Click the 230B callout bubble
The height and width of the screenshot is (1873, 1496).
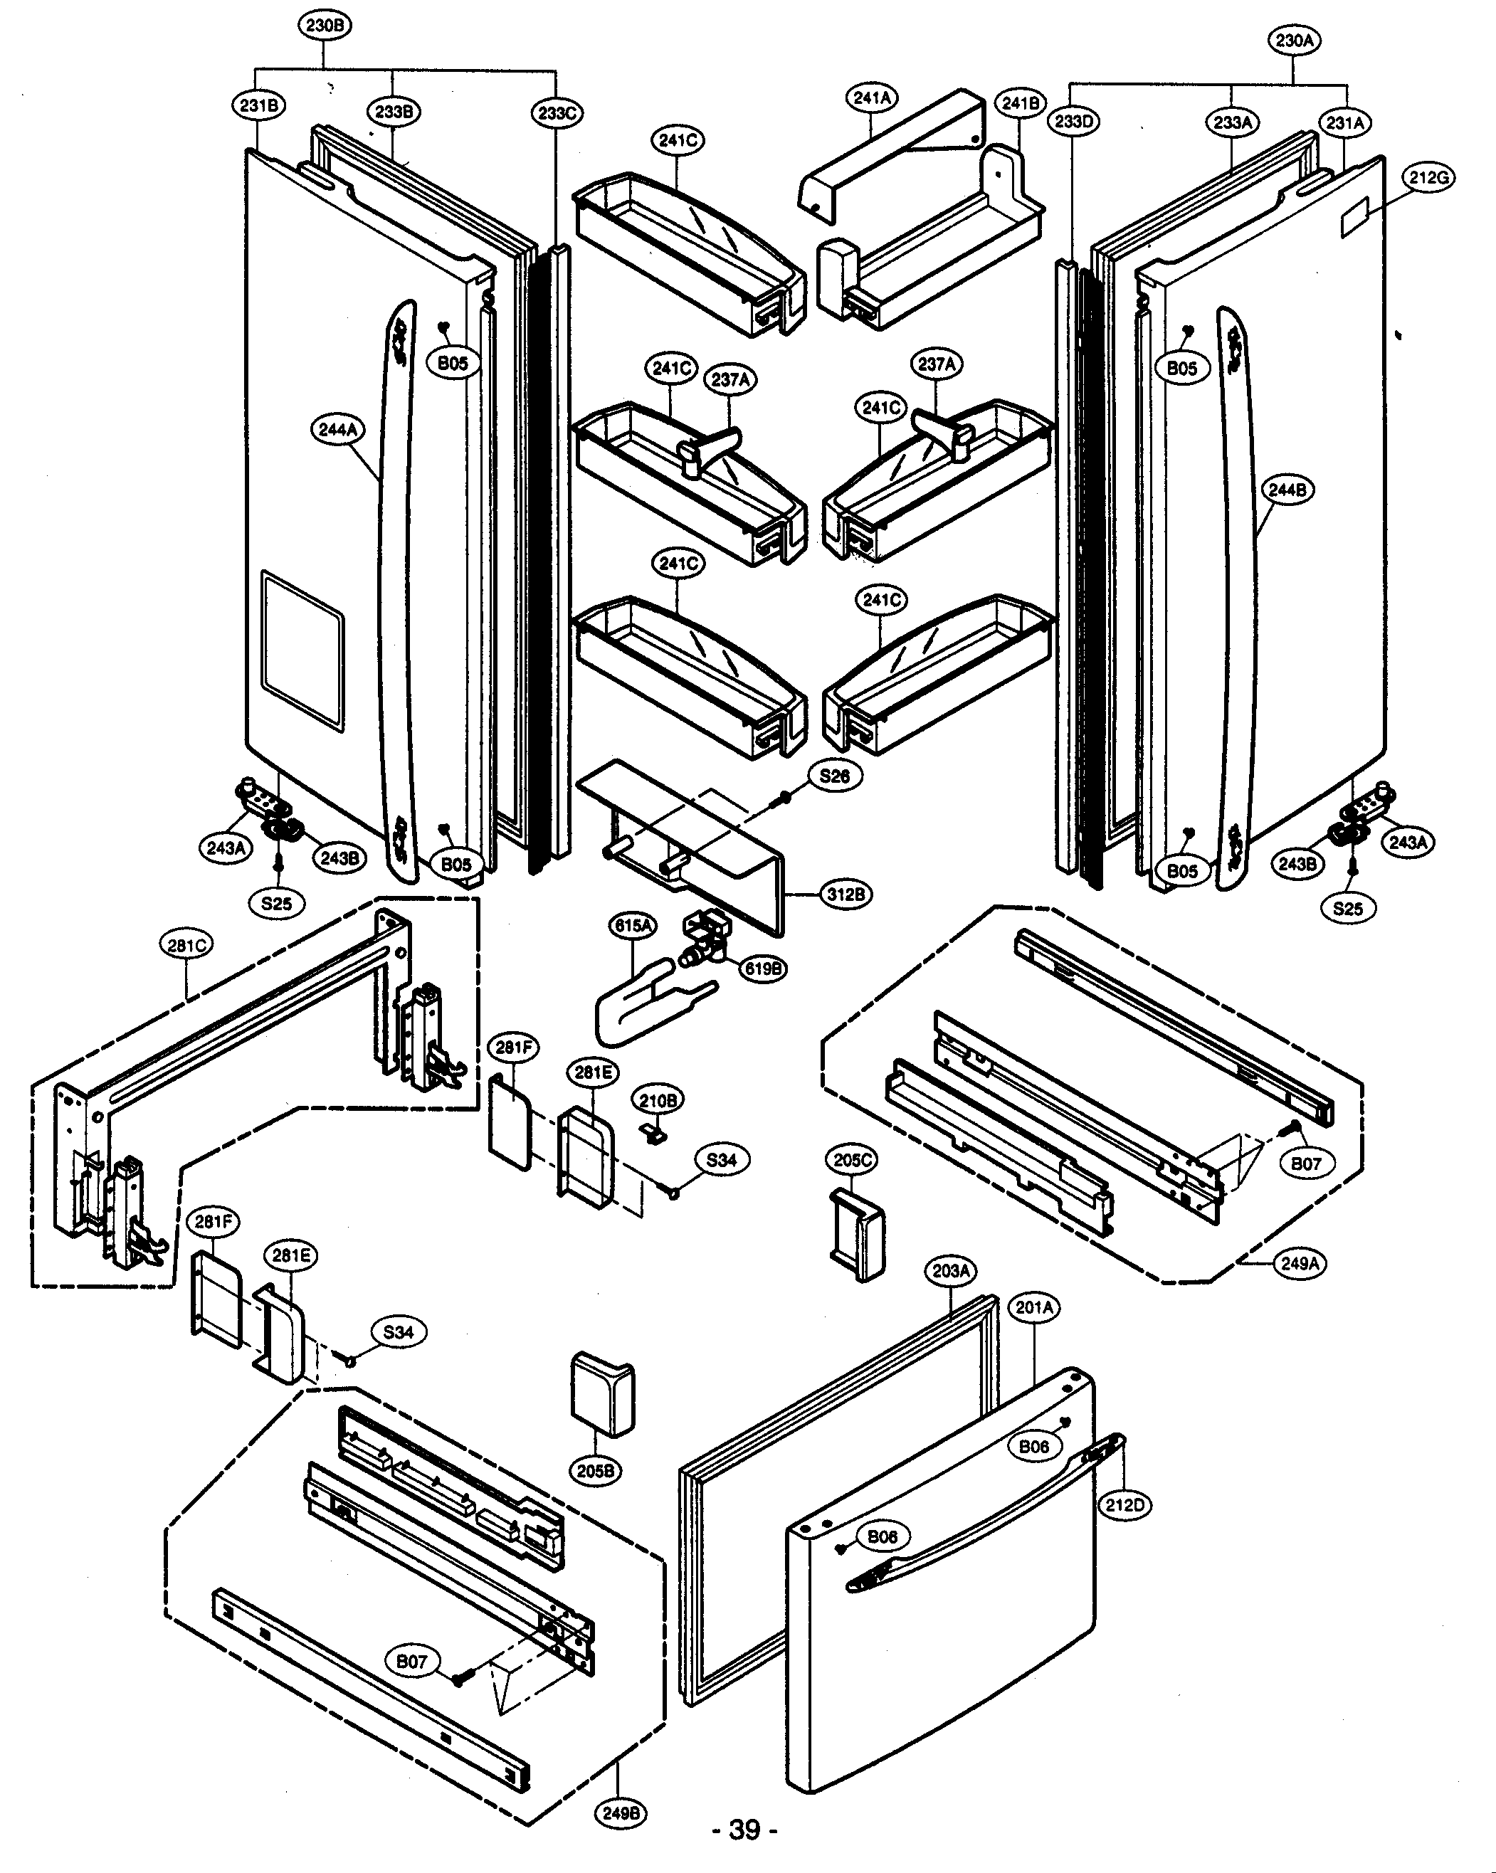coord(325,25)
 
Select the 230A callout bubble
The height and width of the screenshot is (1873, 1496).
coord(1295,40)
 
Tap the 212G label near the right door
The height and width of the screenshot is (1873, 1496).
coord(1428,177)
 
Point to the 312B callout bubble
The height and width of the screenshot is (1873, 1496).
coord(846,894)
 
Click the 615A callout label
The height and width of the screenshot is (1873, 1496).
coord(633,926)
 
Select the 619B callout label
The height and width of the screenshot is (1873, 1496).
coord(762,968)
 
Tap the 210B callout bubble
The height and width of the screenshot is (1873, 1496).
coord(658,1101)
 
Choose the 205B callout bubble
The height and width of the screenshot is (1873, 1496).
coord(596,1471)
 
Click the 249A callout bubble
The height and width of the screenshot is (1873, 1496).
coord(1300,1263)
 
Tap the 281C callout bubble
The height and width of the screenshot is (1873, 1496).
coord(186,944)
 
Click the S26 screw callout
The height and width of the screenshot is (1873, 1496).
coord(835,776)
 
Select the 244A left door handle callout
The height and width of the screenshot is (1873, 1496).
coord(338,429)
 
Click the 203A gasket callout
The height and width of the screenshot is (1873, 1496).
coord(952,1271)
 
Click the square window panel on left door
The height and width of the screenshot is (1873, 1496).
coord(302,649)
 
